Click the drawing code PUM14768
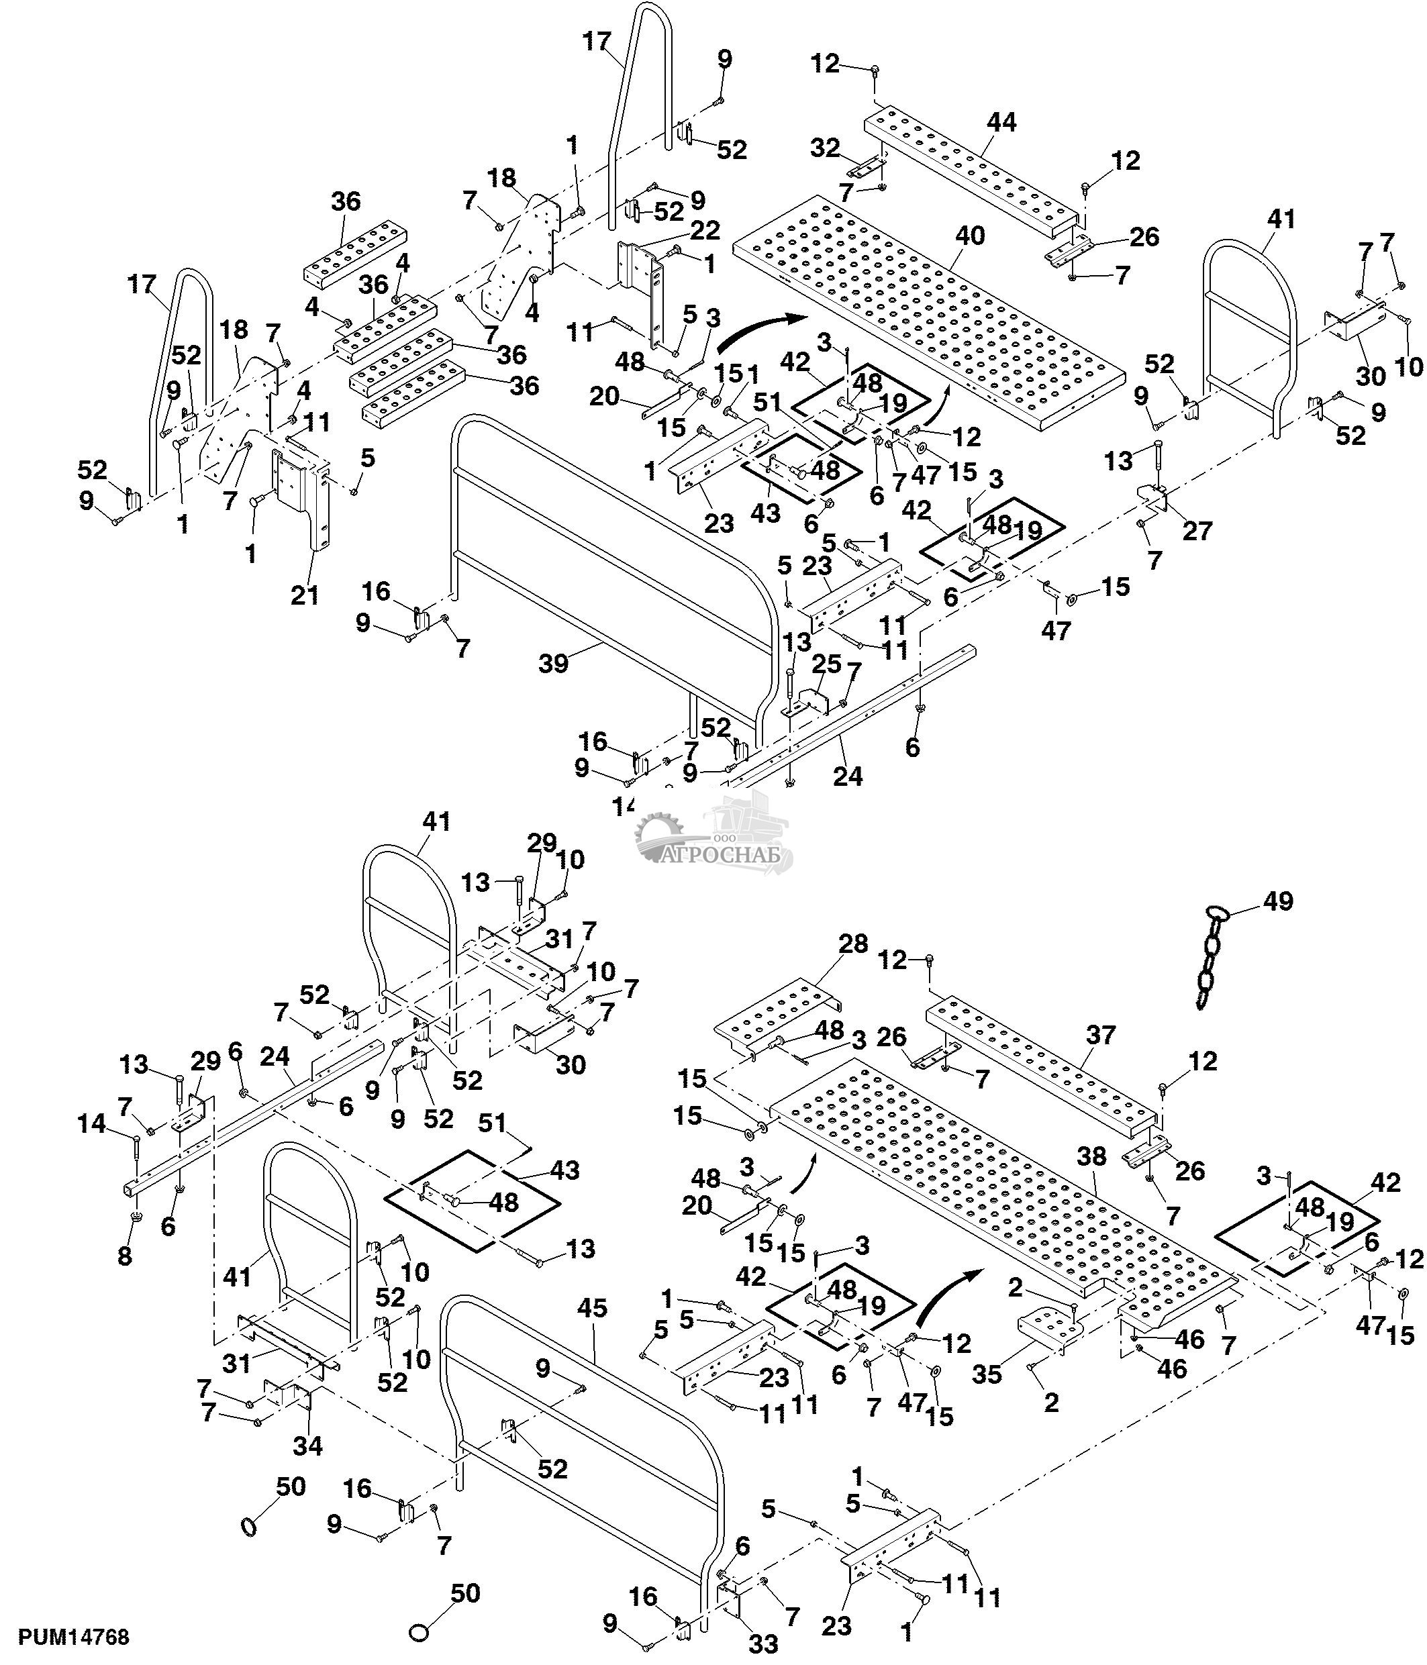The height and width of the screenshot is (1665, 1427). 74,1637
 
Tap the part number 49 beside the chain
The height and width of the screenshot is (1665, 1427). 1279,901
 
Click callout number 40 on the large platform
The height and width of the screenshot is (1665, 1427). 969,236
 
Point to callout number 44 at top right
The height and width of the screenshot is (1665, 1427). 1001,122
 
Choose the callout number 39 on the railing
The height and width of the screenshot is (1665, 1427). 554,663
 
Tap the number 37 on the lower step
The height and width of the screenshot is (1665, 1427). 1101,1034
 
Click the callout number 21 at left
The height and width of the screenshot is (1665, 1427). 305,595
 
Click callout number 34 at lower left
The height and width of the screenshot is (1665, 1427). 307,1446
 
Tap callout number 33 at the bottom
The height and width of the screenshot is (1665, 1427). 763,1644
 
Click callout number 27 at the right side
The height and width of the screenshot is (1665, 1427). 1196,531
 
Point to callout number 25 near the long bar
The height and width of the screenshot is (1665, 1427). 827,664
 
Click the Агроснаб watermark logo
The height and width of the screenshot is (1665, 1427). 715,840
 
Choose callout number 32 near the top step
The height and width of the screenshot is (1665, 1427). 825,148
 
